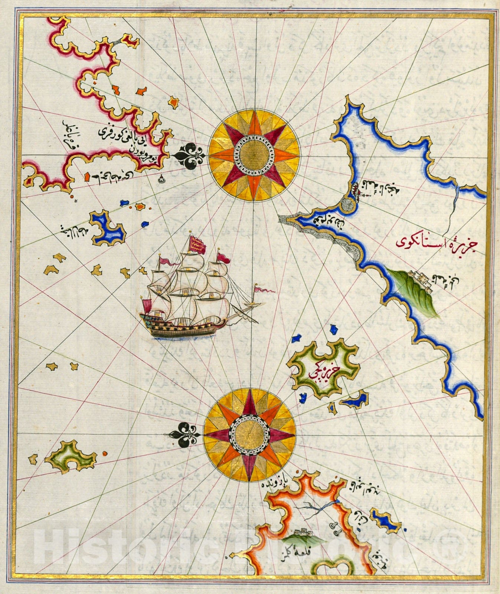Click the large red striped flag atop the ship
tap(197, 244)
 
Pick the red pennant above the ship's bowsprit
tap(264, 289)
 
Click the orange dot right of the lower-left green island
tap(105, 453)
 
